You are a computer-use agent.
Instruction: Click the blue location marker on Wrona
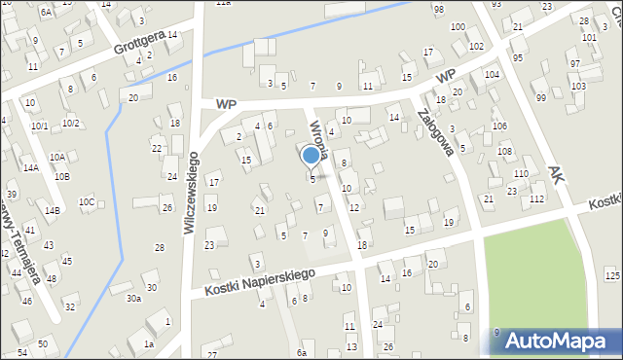311,155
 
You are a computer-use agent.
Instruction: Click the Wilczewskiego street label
191,193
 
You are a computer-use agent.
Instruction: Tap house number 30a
134,299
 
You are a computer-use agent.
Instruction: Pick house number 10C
88,202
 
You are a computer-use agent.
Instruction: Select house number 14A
31,168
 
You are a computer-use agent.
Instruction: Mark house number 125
611,277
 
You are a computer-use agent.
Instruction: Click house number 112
537,198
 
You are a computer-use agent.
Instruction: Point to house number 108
504,152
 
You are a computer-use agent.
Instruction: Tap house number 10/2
70,124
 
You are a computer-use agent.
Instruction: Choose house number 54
21,351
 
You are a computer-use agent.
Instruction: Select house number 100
458,26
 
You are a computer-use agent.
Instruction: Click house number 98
439,9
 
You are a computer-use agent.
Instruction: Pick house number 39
13,195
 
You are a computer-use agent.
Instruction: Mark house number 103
578,87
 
